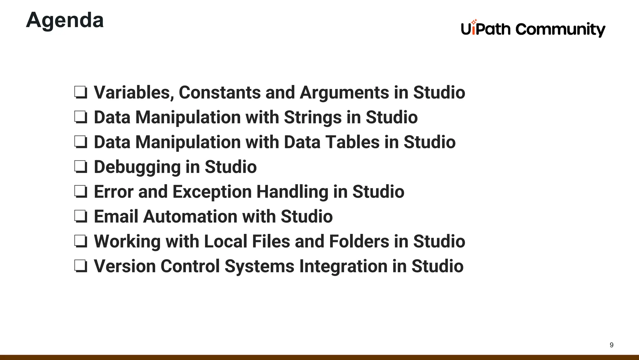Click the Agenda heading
pyautogui.click(x=65, y=20)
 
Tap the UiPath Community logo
pyautogui.click(x=533, y=29)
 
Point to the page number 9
pyautogui.click(x=612, y=345)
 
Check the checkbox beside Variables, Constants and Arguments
pyautogui.click(x=80, y=92)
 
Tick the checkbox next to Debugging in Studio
pyautogui.click(x=80, y=167)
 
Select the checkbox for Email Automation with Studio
pyautogui.click(x=80, y=216)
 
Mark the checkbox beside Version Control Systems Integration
pyautogui.click(x=80, y=266)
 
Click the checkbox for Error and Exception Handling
pyautogui.click(x=80, y=192)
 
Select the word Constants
pyautogui.click(x=220, y=92)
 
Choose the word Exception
pyautogui.click(x=212, y=192)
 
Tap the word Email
pyautogui.click(x=116, y=216)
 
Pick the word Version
pyautogui.click(x=125, y=266)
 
